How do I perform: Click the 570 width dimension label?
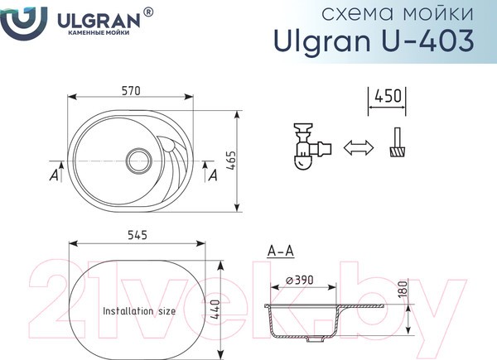click(x=131, y=91)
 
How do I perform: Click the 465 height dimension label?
click(x=232, y=161)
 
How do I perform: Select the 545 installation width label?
click(x=138, y=235)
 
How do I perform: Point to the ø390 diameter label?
click(x=300, y=281)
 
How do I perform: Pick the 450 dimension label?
click(x=388, y=96)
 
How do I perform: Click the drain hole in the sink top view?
click(x=139, y=161)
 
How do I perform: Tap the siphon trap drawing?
click(x=312, y=146)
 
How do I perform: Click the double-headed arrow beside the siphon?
click(x=359, y=147)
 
